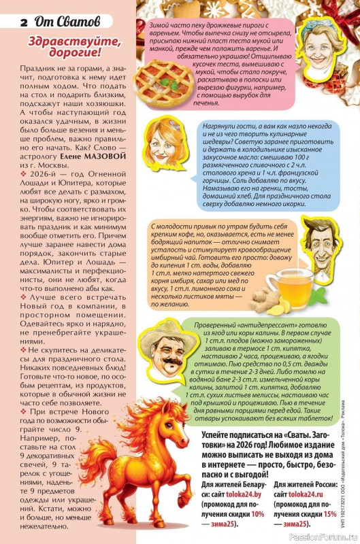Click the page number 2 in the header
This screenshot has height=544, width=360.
pyautogui.click(x=23, y=22)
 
